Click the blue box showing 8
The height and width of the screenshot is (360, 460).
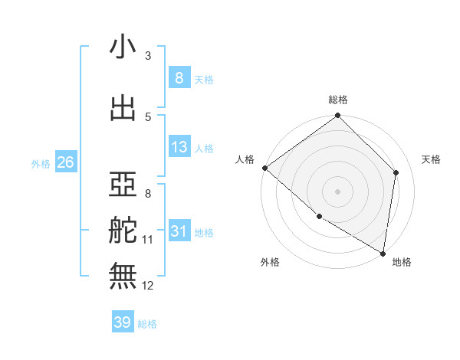pos(179,78)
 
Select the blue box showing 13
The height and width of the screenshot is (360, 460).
pos(179,148)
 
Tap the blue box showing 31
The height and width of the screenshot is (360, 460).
pos(179,232)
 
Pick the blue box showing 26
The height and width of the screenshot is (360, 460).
pos(65,162)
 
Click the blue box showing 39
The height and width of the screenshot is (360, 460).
pos(123,322)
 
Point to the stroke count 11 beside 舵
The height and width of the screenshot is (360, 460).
pos(148,240)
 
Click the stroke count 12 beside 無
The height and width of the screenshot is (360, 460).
pos(148,286)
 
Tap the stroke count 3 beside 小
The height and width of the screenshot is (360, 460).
pos(148,56)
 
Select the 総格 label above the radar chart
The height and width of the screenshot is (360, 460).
pos(338,100)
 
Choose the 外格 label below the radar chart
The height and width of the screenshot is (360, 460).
pos(270,262)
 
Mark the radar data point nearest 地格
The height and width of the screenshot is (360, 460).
pos(383,253)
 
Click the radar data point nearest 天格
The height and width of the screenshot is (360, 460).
pos(396,172)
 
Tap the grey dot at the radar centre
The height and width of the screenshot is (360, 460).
pos(337,191)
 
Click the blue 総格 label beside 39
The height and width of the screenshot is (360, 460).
pos(147,324)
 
